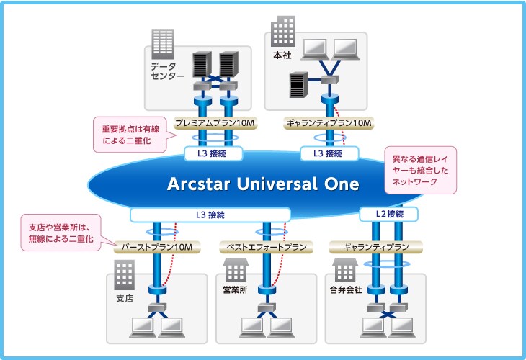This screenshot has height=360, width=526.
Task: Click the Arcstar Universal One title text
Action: coord(262,184)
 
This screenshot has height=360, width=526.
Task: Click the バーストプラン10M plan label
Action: coord(157,247)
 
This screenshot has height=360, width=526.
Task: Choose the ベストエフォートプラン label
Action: coord(267,247)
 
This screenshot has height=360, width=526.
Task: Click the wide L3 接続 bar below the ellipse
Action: coord(210,214)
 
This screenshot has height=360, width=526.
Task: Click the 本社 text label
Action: coord(282,55)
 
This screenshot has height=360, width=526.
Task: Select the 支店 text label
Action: coord(125,297)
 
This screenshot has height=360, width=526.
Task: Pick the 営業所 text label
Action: coord(234,290)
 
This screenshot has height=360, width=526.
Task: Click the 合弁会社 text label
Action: coord(346,290)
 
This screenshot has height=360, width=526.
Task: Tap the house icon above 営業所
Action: coord(234,271)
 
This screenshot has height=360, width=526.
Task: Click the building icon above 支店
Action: coord(125,274)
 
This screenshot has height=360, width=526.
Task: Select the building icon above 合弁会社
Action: coord(346,271)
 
